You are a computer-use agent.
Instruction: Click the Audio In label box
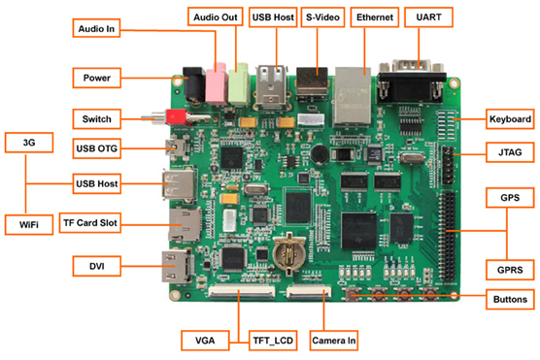click(x=96, y=28)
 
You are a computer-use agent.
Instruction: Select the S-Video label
click(x=322, y=17)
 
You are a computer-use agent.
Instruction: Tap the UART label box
click(x=428, y=17)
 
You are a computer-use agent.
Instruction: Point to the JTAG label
click(x=510, y=152)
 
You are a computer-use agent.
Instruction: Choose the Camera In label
click(x=334, y=341)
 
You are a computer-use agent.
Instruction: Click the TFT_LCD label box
click(x=273, y=341)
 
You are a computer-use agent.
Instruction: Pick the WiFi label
click(x=29, y=225)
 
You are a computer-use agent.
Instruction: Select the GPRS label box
click(x=510, y=270)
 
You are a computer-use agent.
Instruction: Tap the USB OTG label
click(x=97, y=148)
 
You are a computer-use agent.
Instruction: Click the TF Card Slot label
click(x=90, y=223)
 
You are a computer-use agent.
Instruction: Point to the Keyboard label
click(x=510, y=119)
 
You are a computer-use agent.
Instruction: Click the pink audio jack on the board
click(x=217, y=83)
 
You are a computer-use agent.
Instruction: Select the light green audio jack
click(x=239, y=83)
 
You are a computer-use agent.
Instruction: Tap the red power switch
click(x=177, y=117)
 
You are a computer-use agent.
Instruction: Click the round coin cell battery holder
click(x=288, y=253)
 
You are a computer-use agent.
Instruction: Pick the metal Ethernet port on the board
click(x=353, y=95)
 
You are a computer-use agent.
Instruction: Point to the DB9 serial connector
click(x=411, y=82)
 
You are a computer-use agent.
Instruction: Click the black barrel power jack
click(x=194, y=84)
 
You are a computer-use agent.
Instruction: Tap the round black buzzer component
click(x=320, y=153)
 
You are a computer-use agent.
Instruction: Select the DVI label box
click(x=97, y=266)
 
